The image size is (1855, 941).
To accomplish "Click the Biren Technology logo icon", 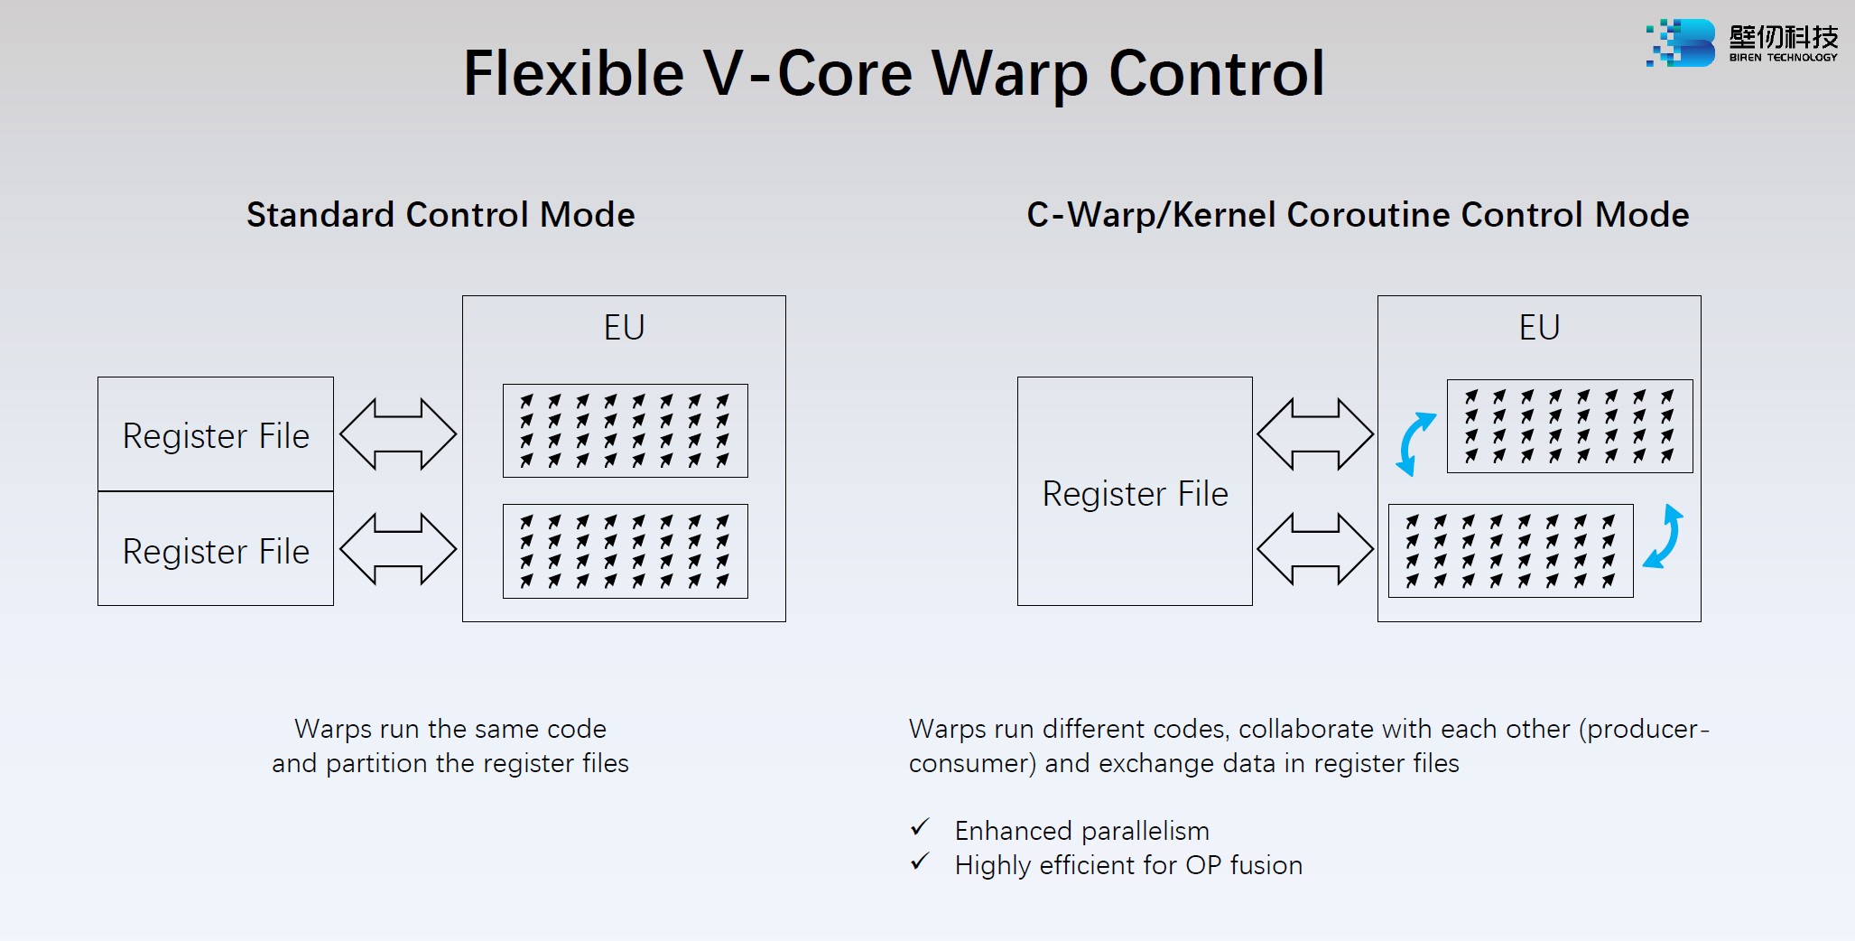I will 1680,42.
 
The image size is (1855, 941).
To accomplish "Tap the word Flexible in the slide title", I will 573,73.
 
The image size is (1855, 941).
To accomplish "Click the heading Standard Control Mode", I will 441,215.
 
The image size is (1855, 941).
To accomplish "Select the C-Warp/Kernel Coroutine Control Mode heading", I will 1358,215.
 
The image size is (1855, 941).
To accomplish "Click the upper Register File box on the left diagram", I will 216,434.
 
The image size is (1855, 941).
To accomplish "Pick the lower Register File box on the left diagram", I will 216,549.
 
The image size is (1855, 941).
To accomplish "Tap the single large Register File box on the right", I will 1135,492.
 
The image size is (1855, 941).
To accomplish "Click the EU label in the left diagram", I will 624,327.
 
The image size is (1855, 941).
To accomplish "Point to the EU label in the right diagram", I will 1539,327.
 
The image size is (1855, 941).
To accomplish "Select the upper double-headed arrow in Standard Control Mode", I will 398,434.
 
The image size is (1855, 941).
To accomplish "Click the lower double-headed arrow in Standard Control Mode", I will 398,549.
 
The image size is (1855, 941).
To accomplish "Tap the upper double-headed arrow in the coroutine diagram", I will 1315,434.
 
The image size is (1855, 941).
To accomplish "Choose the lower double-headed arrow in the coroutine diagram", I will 1315,549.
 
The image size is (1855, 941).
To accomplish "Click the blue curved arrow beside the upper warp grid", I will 1414,443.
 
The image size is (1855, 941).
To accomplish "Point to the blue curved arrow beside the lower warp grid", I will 1665,537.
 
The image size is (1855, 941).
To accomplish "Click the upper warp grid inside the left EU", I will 625,431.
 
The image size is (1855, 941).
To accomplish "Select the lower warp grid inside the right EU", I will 1510,551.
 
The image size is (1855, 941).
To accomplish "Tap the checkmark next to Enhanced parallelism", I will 920,827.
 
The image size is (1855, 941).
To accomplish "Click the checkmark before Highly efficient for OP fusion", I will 920,862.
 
